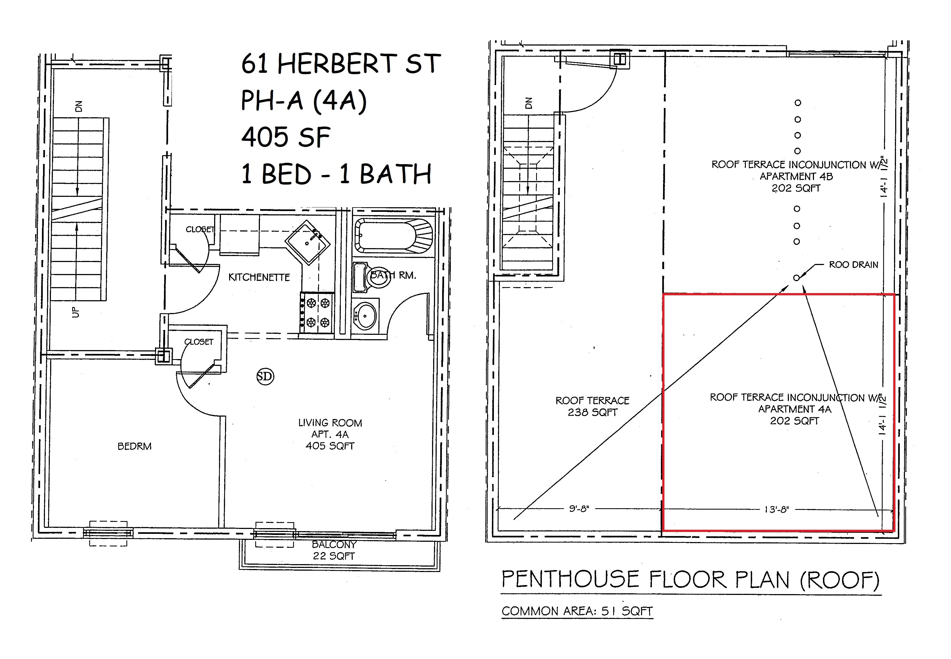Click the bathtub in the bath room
click(x=394, y=235)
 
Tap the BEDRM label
click(x=135, y=446)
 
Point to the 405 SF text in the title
click(x=285, y=137)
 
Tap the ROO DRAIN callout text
click(x=853, y=265)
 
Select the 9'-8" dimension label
click(x=579, y=509)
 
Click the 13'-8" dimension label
click(x=776, y=510)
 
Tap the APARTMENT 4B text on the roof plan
click(x=796, y=177)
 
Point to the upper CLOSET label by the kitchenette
click(x=200, y=229)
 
